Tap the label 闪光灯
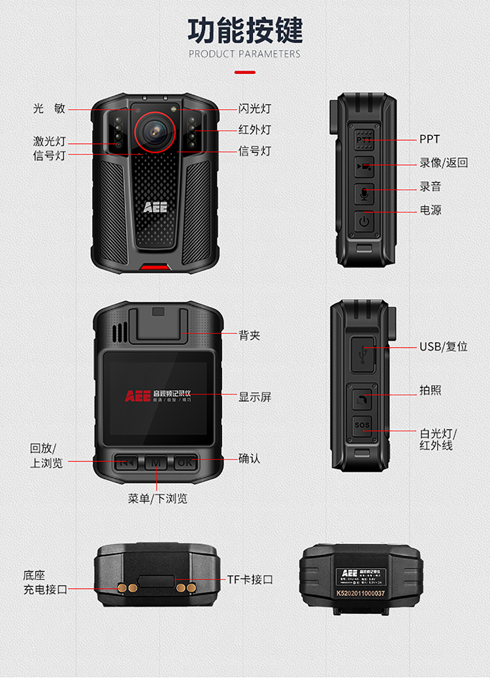coord(254,109)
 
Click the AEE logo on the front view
coord(155,207)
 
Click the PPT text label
coord(429,139)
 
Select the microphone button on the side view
coord(364,193)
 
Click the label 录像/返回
coord(444,163)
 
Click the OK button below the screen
coord(185,463)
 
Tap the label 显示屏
coord(254,397)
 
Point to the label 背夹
coord(250,336)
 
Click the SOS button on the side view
coord(363,426)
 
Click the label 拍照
coord(430,390)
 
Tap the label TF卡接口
coord(250,579)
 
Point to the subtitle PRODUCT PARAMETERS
coord(245,54)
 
